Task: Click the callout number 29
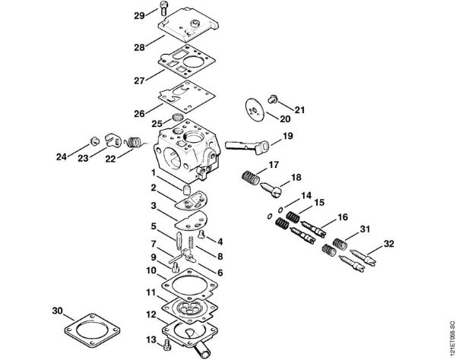[138, 15]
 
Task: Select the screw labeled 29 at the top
[164, 9]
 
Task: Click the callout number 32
[389, 244]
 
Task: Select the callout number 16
[343, 217]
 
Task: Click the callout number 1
[153, 173]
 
